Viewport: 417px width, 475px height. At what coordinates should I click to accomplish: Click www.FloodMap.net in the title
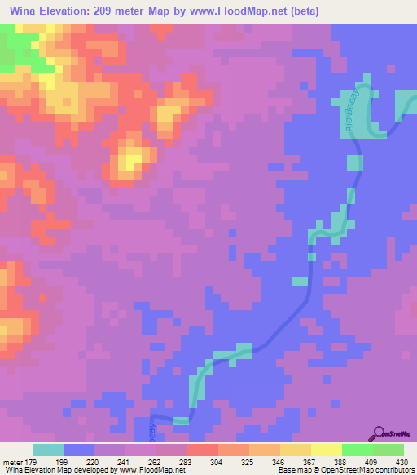pyautogui.click(x=246, y=11)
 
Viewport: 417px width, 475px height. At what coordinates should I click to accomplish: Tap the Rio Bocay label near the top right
pyautogui.click(x=345, y=103)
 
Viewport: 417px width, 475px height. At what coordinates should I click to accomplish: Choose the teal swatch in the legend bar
pyautogui.click(x=48, y=450)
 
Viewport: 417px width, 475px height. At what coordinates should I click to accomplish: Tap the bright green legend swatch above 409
pyautogui.click(x=358, y=450)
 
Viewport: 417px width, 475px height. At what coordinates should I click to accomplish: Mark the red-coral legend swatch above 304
pyautogui.click(x=203, y=450)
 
